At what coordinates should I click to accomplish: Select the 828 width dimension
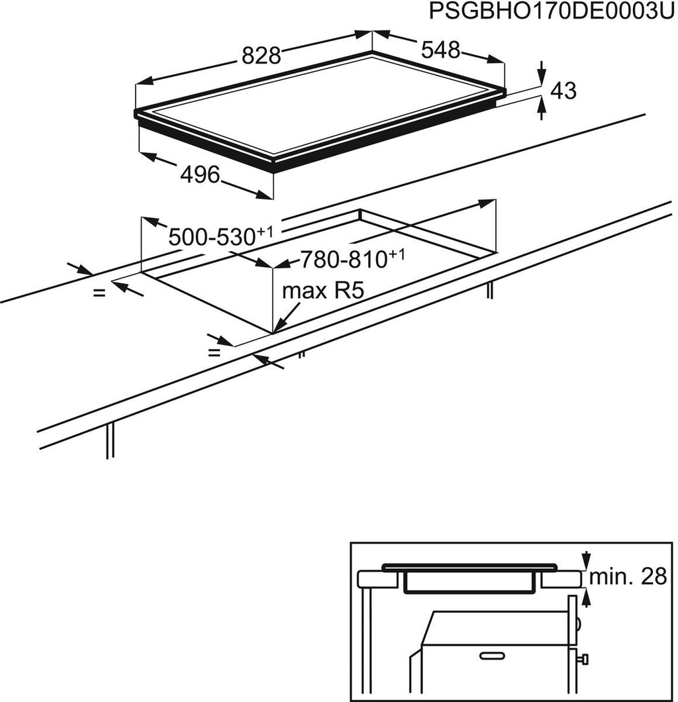click(261, 56)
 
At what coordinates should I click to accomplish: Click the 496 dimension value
click(199, 175)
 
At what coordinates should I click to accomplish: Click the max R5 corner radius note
click(324, 292)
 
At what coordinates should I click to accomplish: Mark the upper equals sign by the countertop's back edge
click(99, 292)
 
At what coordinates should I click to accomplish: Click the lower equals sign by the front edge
click(214, 352)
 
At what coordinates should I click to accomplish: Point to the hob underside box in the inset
click(469, 583)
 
